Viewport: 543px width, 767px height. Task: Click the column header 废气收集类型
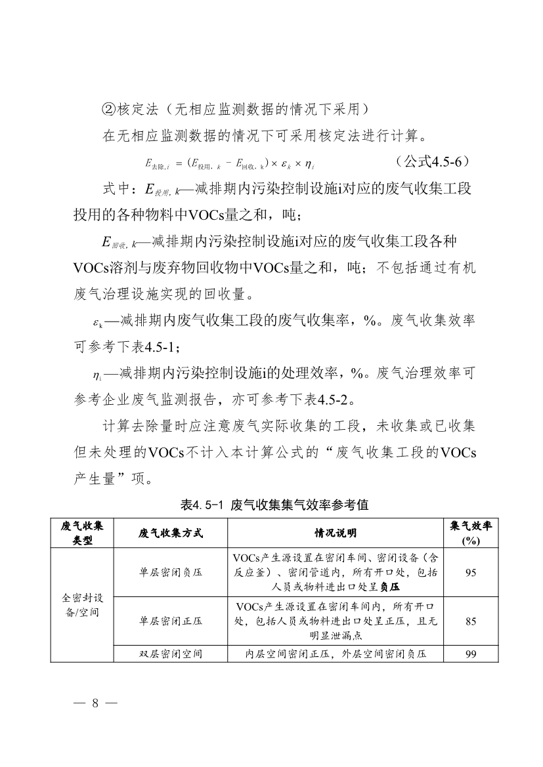[82, 533]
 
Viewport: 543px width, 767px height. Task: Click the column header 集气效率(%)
[470, 533]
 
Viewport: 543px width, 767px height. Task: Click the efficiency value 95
[470, 573]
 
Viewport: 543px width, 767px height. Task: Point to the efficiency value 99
[470, 654]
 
